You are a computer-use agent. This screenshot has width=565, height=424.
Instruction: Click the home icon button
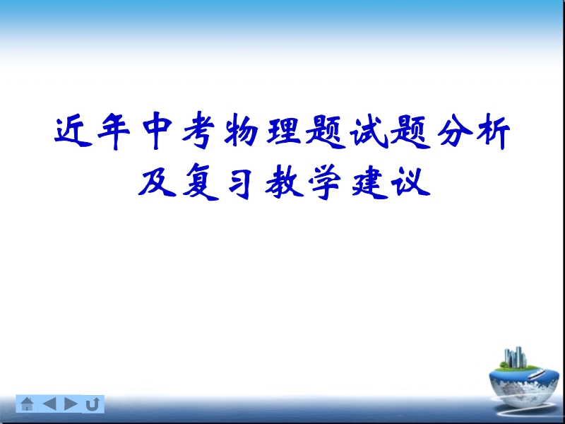click(27, 404)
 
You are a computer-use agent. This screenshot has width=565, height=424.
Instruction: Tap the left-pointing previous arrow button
click(49, 404)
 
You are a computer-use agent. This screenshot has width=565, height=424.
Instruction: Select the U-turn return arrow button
click(93, 404)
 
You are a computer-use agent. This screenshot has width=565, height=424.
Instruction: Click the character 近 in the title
click(73, 131)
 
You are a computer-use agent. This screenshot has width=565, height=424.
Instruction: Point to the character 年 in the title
click(114, 131)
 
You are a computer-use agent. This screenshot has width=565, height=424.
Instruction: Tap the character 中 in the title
click(156, 131)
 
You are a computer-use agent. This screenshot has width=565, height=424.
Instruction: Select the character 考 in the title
click(198, 131)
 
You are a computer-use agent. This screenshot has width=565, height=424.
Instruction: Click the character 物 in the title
click(241, 131)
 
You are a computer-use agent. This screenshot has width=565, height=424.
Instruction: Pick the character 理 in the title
click(284, 131)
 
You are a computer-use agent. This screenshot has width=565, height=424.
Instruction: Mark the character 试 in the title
click(369, 131)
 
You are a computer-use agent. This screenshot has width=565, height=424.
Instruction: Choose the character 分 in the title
click(456, 131)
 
